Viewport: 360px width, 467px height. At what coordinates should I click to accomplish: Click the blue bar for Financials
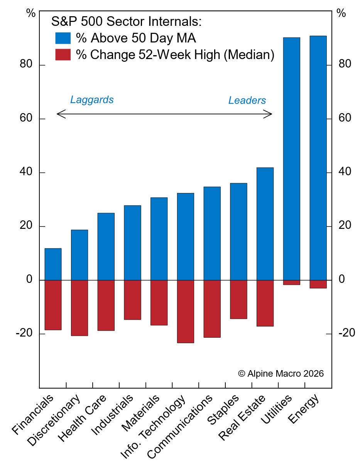53,264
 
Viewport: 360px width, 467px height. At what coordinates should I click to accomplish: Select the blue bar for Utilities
292,158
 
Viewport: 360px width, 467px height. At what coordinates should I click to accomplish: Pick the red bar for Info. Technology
186,311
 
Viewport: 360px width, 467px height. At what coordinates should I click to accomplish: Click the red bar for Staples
238,299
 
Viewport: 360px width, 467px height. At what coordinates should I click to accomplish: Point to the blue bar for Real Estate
265,223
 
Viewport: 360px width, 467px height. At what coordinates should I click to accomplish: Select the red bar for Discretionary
79,308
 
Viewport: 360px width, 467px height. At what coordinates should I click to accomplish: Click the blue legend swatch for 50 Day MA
63,38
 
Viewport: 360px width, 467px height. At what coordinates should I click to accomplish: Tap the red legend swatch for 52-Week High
63,55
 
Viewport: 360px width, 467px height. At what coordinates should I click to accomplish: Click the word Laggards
92,100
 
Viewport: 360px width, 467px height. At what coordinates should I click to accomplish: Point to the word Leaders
247,101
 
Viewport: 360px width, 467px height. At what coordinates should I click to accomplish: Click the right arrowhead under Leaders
270,114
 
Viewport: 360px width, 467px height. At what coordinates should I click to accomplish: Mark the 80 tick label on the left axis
26,65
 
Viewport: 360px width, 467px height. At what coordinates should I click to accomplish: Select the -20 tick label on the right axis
346,333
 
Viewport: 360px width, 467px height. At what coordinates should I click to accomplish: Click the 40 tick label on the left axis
26,172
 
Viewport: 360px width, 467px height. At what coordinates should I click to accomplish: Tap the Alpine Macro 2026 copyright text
281,374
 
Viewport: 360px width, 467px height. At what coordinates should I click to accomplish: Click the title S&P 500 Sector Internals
127,22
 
